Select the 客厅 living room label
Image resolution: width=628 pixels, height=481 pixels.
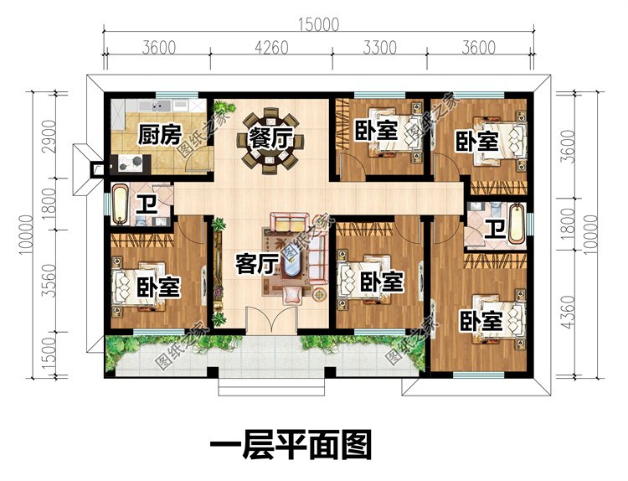point(256,266)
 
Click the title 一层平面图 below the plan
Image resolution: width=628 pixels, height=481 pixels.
point(289,445)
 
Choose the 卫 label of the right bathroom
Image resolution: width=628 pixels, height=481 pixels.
point(496,229)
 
